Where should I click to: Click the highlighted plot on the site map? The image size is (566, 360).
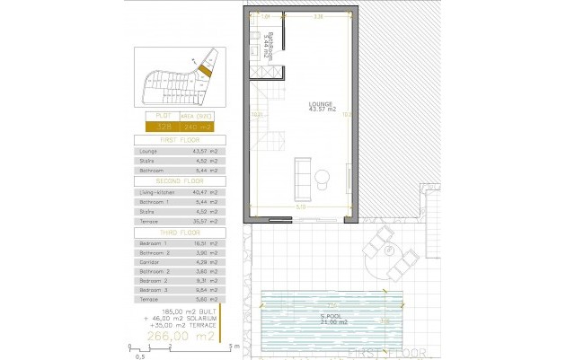[x=205, y=70]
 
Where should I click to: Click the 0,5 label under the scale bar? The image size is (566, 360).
[x=140, y=356]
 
